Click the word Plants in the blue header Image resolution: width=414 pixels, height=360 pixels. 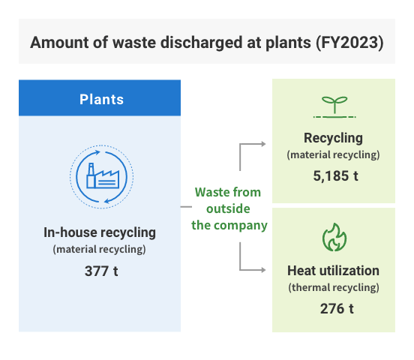(102, 100)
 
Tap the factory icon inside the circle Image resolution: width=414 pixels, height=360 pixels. (103, 175)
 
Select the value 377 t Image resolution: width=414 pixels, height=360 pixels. (101, 271)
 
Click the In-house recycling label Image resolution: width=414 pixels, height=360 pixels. (100, 232)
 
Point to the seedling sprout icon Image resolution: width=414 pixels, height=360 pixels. (334, 107)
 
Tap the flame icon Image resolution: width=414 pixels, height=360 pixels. (334, 237)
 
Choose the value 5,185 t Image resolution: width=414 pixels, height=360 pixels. (335, 176)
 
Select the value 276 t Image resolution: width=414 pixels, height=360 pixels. (337, 308)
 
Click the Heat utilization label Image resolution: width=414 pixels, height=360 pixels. (333, 271)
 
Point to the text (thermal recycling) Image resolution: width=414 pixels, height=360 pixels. (334, 288)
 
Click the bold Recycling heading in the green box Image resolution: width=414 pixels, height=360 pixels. (333, 138)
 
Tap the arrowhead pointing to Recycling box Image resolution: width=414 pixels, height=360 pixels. (263, 144)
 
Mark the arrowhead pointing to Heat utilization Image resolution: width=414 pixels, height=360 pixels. (263, 270)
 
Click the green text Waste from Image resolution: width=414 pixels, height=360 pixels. (228, 192)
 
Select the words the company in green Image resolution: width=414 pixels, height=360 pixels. (229, 226)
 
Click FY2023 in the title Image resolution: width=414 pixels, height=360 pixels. (349, 43)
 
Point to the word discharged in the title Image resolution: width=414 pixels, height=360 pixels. (201, 43)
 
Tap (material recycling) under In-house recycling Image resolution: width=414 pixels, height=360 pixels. (99, 250)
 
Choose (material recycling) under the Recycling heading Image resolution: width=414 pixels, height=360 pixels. (333, 155)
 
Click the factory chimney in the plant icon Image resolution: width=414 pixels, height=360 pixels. (91, 175)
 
